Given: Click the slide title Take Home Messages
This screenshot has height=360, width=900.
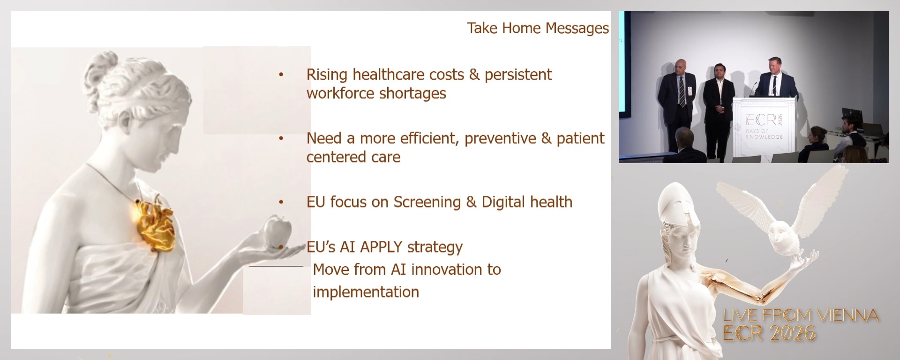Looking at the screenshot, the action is [538, 28].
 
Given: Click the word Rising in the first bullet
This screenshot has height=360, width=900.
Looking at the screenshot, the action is [327, 75].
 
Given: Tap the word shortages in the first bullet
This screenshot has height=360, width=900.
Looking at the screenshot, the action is [412, 93].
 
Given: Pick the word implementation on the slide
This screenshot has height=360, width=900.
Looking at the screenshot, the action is [366, 292].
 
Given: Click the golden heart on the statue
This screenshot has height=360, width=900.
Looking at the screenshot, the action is [156, 223].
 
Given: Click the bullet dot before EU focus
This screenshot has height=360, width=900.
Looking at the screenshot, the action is [281, 202].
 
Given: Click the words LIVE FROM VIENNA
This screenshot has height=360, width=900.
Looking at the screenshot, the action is [801, 315].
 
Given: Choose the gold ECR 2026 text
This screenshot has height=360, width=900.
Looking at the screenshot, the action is [769, 333].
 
